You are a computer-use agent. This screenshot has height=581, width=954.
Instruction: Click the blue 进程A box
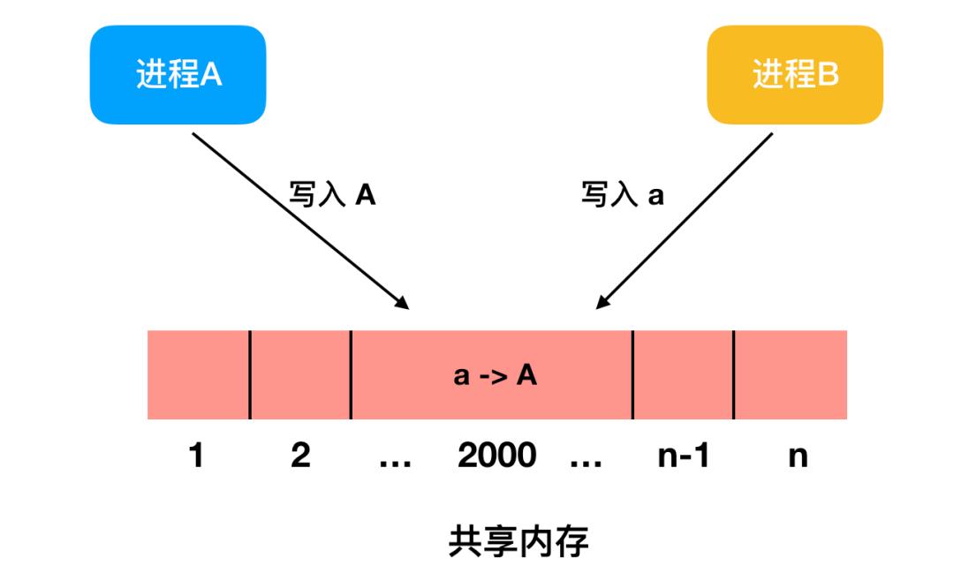tap(178, 74)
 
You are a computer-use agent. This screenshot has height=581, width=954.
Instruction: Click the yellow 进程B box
tap(794, 74)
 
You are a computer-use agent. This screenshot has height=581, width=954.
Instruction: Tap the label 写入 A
tap(332, 194)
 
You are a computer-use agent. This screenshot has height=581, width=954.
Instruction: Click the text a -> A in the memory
tap(495, 375)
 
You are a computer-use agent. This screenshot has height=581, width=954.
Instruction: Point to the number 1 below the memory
tap(196, 456)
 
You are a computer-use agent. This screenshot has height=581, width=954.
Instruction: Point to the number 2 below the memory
tap(300, 456)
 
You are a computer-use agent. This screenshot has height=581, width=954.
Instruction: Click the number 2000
tap(496, 456)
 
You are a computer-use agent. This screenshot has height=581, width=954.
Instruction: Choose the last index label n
tap(797, 456)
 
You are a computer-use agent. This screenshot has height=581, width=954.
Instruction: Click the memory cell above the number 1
tap(198, 375)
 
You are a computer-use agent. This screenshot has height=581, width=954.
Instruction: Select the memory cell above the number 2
tap(300, 375)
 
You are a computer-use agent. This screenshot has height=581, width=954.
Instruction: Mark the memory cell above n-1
tap(682, 375)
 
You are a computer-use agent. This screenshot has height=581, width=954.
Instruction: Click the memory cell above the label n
tap(790, 375)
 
